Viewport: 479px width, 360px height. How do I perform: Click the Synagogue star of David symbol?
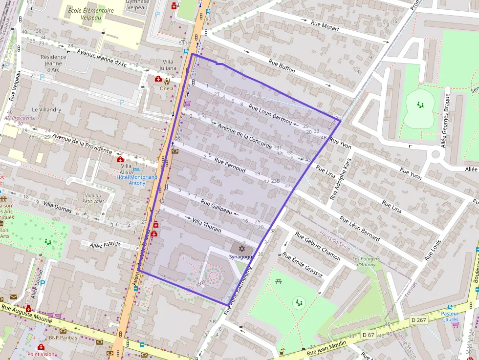(x=240, y=249)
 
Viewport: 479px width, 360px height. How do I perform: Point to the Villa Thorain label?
(x=207, y=226)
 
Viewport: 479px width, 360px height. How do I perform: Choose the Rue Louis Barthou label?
(x=270, y=114)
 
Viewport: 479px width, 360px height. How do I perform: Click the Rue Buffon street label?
(x=282, y=66)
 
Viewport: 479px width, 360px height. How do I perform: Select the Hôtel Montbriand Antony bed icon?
(x=137, y=169)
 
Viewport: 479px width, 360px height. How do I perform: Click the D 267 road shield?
(x=419, y=320)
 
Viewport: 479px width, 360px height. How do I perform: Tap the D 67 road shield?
(x=368, y=335)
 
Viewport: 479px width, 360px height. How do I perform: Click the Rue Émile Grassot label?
(x=303, y=265)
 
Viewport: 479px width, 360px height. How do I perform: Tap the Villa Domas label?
(x=57, y=206)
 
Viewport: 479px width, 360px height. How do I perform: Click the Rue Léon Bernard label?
(x=359, y=229)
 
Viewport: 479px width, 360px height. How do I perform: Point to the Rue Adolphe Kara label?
(x=341, y=179)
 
